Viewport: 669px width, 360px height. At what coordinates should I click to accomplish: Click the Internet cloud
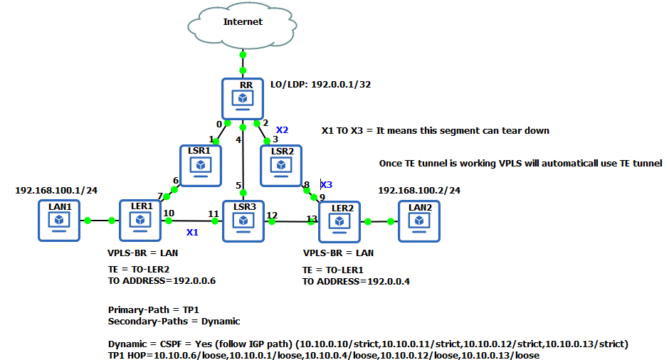243,24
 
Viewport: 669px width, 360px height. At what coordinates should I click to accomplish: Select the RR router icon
243,98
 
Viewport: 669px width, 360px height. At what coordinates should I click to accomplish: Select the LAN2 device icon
419,221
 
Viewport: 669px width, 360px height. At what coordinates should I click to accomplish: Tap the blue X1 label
192,233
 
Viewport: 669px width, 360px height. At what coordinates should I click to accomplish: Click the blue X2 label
282,130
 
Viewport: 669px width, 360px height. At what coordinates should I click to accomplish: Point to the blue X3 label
326,184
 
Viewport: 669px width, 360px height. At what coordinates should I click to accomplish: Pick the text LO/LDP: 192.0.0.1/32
320,84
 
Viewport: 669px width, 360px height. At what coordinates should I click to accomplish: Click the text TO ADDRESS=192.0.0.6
162,281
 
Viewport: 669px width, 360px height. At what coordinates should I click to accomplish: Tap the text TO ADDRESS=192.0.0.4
356,281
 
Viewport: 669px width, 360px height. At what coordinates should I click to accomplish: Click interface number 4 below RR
239,139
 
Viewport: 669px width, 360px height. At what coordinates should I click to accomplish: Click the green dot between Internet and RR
243,54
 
